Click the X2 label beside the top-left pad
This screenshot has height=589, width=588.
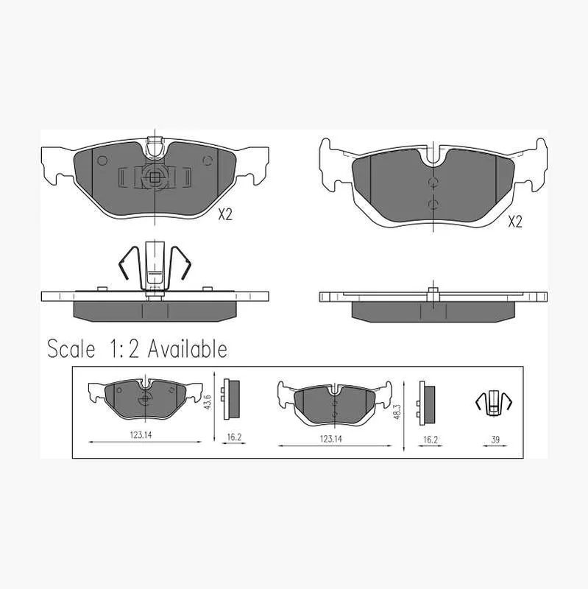pos(225,214)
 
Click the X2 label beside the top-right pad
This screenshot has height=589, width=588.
pos(515,222)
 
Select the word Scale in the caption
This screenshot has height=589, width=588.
pos(71,349)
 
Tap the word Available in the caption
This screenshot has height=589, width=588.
pos(188,349)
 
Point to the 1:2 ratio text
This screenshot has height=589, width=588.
pos(124,349)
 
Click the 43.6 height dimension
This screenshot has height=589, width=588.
pos(208,402)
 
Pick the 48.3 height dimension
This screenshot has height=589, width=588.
pos(397,412)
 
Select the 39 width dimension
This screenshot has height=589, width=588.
pos(495,440)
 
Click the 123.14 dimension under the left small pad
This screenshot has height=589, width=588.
pos(141,435)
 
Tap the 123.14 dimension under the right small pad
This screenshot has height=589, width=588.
pos(331,439)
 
